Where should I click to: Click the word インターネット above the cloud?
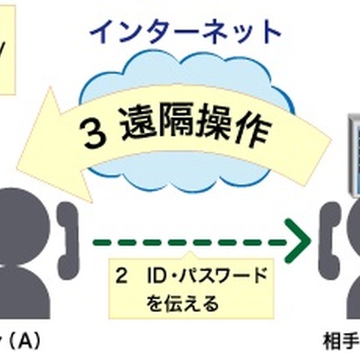pos(184,31)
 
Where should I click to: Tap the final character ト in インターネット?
pos(268,31)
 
